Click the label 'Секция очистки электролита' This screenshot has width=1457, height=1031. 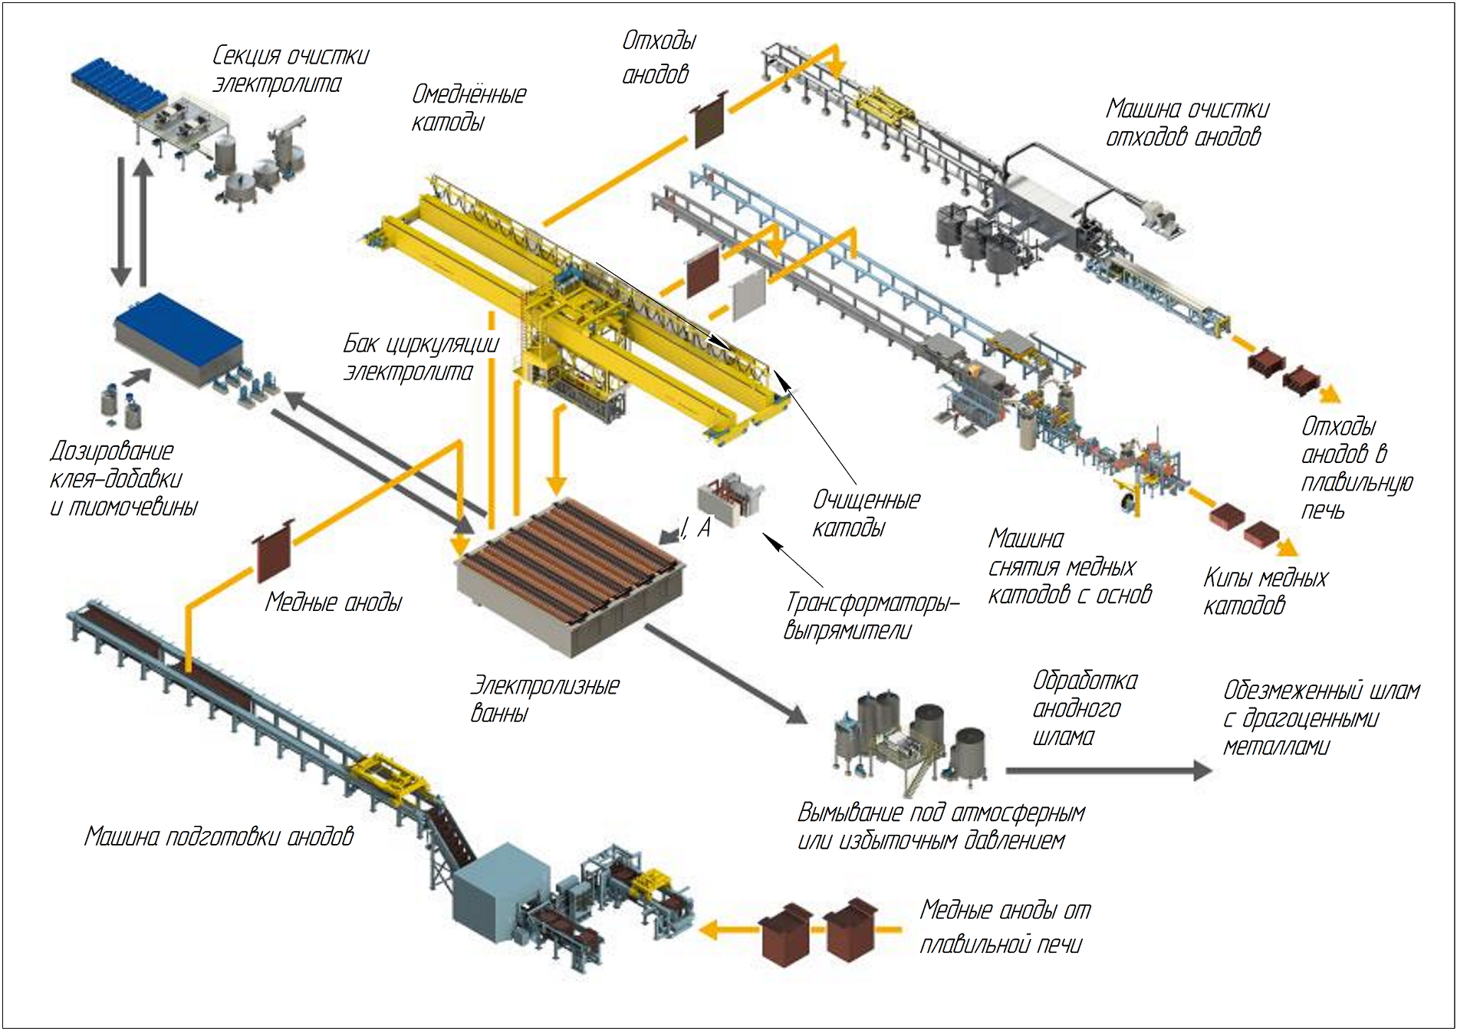290,69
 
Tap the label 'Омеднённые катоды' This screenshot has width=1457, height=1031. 469,108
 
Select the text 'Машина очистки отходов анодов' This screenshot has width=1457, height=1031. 1186,123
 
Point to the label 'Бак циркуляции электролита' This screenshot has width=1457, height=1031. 420,357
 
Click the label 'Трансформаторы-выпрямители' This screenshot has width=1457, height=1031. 871,616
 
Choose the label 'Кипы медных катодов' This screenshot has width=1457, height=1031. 1265,591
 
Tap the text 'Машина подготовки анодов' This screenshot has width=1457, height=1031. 219,836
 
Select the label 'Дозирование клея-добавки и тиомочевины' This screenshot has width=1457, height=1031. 123,478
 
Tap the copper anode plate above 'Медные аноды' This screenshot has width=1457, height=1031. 274,552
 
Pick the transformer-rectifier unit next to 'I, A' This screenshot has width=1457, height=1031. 730,501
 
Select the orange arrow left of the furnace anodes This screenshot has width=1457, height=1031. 725,931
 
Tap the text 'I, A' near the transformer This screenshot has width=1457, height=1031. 696,527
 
